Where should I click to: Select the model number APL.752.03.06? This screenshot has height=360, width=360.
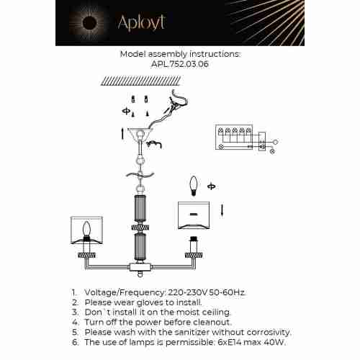click(x=180, y=63)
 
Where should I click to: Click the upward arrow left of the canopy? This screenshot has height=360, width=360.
click(x=122, y=133)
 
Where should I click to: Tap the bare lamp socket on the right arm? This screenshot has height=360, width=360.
click(x=192, y=248)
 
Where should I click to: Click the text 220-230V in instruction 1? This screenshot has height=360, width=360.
click(x=181, y=293)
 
